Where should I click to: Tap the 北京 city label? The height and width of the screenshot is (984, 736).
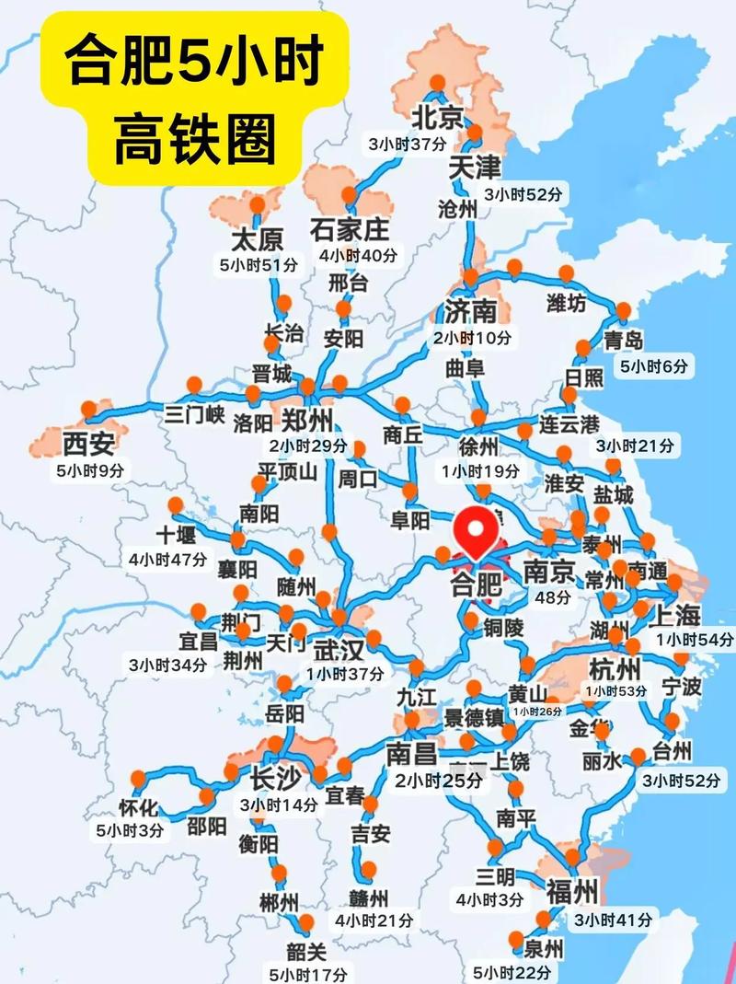coord(437,118)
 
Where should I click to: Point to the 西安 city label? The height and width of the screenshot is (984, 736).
coord(88,445)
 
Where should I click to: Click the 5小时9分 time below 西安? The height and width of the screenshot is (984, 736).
coord(88,469)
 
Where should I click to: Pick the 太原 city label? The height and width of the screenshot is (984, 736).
coord(257,241)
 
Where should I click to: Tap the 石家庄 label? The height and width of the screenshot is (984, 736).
coord(350,228)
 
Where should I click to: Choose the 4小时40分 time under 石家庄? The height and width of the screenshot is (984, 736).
coord(355,255)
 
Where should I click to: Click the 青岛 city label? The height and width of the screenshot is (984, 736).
coord(623,341)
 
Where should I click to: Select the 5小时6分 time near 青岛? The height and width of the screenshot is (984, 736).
coord(653,366)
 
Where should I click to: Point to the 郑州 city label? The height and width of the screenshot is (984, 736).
coord(307,422)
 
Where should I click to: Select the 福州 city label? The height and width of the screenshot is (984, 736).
coord(572,891)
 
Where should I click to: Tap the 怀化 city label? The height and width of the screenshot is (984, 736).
coord(139,809)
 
